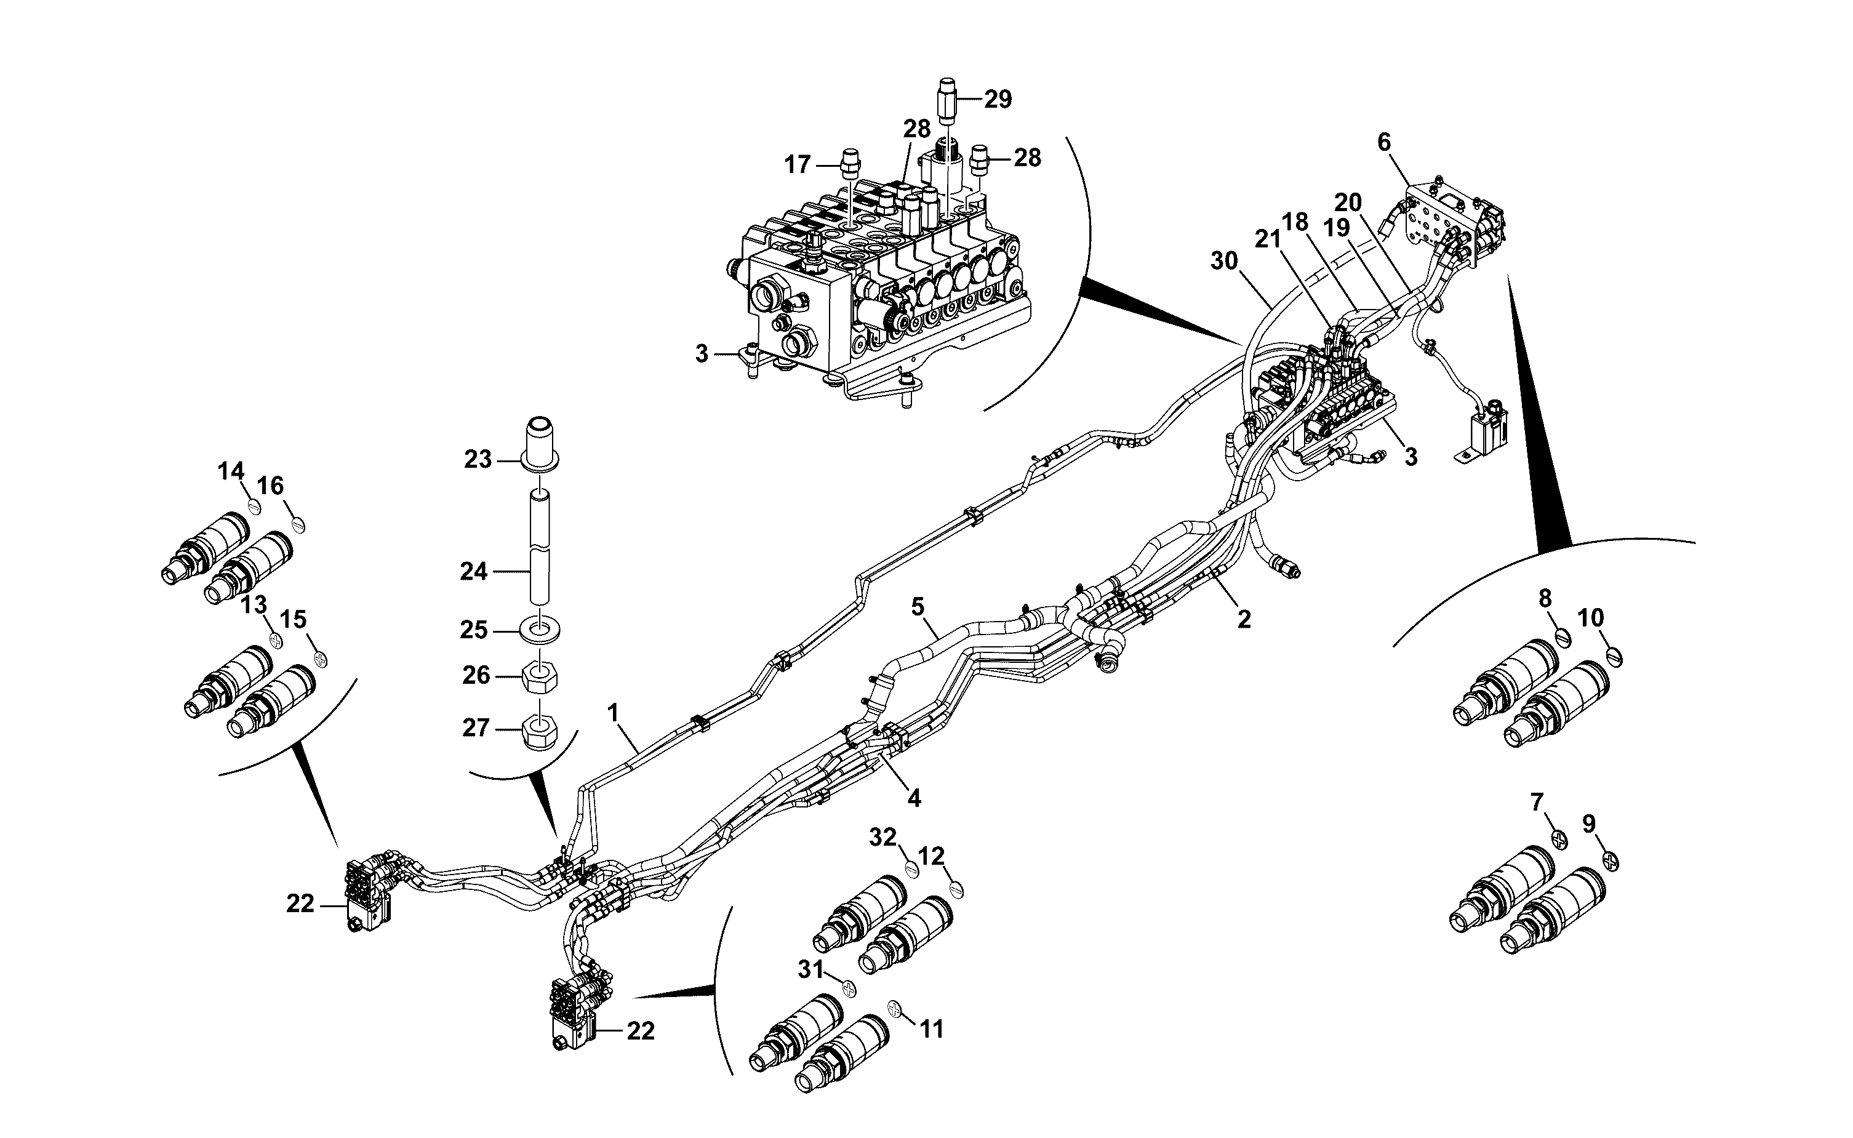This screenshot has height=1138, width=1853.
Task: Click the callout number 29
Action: click(998, 99)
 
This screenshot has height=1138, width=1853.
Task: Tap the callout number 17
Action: click(798, 164)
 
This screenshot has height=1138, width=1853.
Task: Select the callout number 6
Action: click(1384, 142)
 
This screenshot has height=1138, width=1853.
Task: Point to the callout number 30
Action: click(1224, 261)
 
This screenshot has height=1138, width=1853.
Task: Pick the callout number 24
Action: click(474, 572)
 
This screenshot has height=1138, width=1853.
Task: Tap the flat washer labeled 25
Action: click(540, 628)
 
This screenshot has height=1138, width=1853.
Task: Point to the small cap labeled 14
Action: click(254, 507)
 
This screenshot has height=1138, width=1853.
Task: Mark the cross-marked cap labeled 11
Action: click(895, 1008)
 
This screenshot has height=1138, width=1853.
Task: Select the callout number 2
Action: click(1244, 619)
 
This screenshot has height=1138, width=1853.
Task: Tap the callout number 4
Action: click(914, 798)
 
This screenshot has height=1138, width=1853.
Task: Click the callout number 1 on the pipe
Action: click(613, 712)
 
